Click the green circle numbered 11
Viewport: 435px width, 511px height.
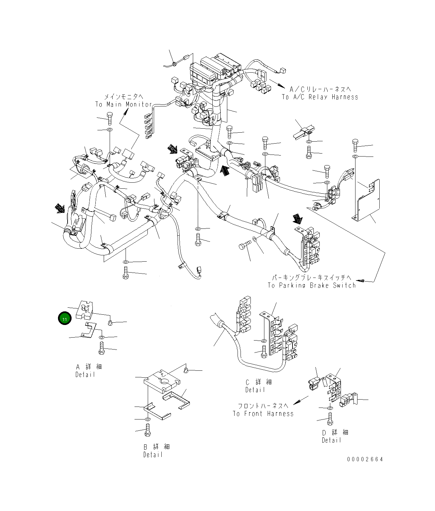click(65, 319)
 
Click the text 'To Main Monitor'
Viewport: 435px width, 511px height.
click(123, 104)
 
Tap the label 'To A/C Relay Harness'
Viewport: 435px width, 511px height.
click(320, 97)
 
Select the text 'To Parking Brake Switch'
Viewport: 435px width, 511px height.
click(311, 285)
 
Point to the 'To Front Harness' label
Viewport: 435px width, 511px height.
click(263, 414)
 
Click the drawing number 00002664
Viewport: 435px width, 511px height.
click(365, 459)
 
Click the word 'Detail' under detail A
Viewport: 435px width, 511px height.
click(85, 374)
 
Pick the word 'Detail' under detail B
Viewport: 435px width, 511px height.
click(153, 455)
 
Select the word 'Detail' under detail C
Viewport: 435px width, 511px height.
click(255, 390)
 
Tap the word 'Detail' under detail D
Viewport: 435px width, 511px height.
click(331, 440)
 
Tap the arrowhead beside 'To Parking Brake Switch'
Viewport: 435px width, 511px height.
click(360, 281)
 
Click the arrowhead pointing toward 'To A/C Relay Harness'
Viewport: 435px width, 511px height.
click(282, 86)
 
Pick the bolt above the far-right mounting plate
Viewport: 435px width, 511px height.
click(355, 146)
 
